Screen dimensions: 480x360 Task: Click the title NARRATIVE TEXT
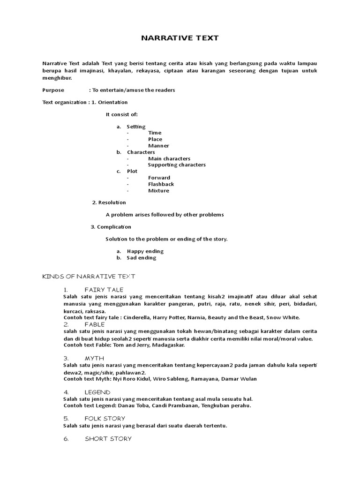coord(180,38)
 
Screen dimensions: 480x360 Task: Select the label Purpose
coord(53,90)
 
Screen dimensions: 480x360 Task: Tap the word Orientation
coord(112,102)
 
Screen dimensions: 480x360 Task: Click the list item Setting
coord(136,127)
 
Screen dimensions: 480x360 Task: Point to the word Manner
coord(158,146)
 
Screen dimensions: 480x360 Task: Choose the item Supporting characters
coord(177,165)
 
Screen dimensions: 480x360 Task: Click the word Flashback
coord(161,184)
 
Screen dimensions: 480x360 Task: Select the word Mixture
coord(158,191)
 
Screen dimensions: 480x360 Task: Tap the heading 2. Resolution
coord(109,202)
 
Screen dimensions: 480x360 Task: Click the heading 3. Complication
coord(111,227)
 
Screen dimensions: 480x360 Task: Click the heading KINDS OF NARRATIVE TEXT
coord(89,277)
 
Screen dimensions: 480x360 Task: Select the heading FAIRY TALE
coord(104,290)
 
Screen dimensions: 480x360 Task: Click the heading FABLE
coord(95,324)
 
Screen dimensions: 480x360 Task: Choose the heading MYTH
coord(94,358)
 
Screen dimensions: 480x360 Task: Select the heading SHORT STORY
coord(108,439)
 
